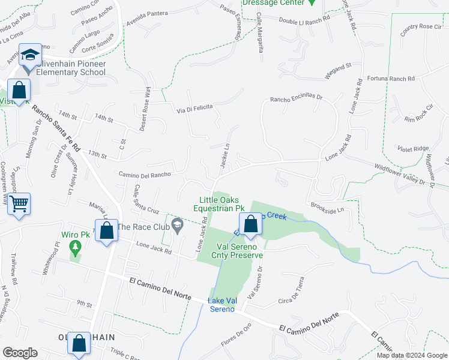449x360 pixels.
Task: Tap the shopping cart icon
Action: pos(19,203)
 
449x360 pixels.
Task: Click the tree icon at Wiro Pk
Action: pos(75,247)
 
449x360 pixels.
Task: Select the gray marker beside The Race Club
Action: pos(176,226)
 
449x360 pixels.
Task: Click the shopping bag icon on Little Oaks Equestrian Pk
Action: pos(252,223)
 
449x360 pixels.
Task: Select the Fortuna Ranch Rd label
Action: pos(390,79)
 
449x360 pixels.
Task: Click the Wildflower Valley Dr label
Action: pos(399,174)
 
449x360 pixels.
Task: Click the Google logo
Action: pos(19,353)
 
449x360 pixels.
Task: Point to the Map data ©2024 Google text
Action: pos(412,355)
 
